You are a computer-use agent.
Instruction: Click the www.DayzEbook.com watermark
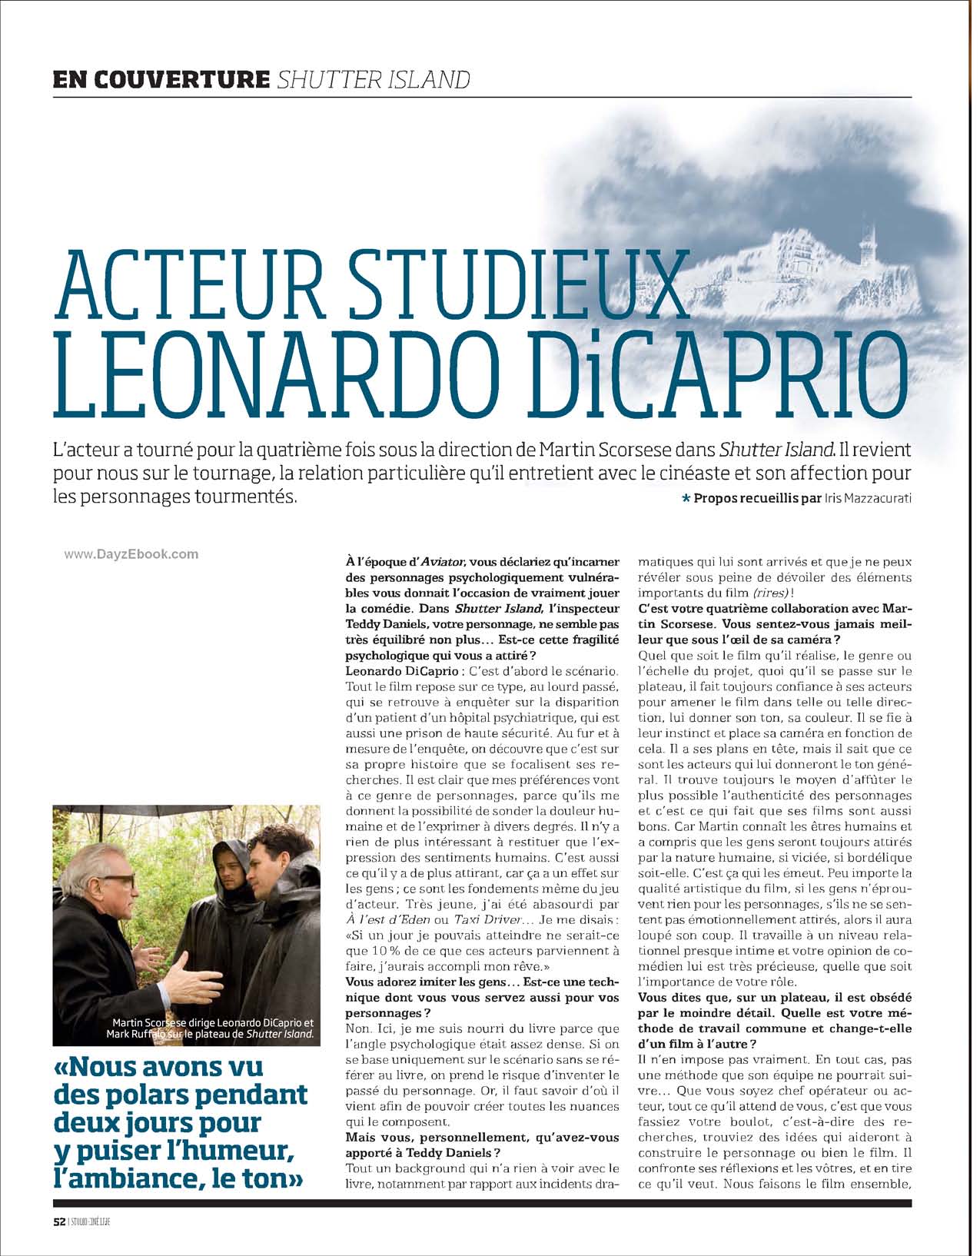131,553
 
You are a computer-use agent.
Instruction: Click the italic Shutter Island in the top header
373,78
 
